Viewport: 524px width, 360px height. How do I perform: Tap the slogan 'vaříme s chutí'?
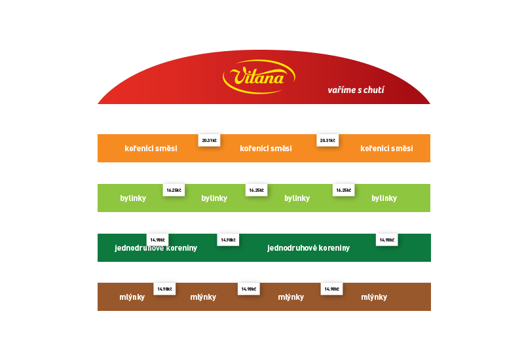pyautogui.click(x=356, y=90)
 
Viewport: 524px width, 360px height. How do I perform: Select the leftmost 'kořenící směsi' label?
pyautogui.click(x=151, y=149)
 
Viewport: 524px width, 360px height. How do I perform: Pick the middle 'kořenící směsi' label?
pyautogui.click(x=266, y=149)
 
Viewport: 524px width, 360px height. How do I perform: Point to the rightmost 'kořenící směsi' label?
pyautogui.click(x=386, y=149)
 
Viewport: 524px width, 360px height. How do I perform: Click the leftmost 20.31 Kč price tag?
pyautogui.click(x=209, y=140)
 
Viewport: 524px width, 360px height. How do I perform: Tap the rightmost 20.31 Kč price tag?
pyautogui.click(x=327, y=140)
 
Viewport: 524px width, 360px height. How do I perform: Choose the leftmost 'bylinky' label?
pyautogui.click(x=133, y=198)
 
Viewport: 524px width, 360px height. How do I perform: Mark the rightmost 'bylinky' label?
pyautogui.click(x=384, y=198)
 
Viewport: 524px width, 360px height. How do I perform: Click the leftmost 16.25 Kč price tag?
pyautogui.click(x=174, y=190)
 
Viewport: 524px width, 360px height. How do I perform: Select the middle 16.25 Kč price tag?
pyautogui.click(x=256, y=190)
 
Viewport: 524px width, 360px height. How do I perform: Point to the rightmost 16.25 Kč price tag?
pyautogui.click(x=343, y=190)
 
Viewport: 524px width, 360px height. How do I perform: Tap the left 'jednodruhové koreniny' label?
pyautogui.click(x=156, y=248)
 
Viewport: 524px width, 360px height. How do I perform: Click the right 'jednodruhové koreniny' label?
pyautogui.click(x=309, y=248)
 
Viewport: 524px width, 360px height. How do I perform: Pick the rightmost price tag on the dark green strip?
pyautogui.click(x=386, y=240)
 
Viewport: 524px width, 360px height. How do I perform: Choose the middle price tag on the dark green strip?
pyautogui.click(x=228, y=240)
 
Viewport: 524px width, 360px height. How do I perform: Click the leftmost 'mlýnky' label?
pyautogui.click(x=132, y=297)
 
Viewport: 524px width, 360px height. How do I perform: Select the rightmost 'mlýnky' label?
pyautogui.click(x=374, y=297)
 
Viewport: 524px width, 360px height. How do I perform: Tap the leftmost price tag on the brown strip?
pyautogui.click(x=164, y=289)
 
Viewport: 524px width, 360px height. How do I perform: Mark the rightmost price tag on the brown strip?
pyautogui.click(x=331, y=289)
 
